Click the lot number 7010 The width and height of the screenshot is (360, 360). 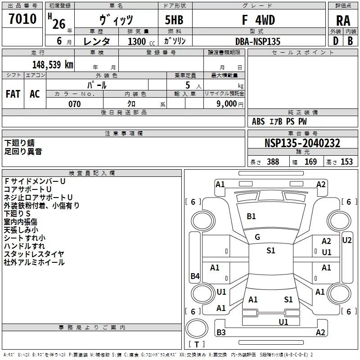[22, 19]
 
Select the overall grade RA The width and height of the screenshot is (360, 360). [343, 21]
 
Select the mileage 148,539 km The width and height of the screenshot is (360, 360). [52, 64]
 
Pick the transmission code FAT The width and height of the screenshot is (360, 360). [13, 94]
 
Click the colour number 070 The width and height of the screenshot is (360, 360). [74, 104]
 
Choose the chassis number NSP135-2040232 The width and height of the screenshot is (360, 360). [302, 144]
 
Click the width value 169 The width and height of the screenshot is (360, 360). [310, 162]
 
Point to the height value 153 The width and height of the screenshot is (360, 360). [346, 162]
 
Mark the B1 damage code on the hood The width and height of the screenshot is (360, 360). [251, 216]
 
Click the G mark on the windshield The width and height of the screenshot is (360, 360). [257, 237]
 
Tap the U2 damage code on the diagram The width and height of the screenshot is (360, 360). [347, 240]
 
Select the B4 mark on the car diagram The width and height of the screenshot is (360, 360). [195, 276]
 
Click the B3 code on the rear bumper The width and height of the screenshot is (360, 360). [221, 333]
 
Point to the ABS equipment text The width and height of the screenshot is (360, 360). [258, 121]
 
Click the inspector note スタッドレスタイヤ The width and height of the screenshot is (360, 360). [34, 254]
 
